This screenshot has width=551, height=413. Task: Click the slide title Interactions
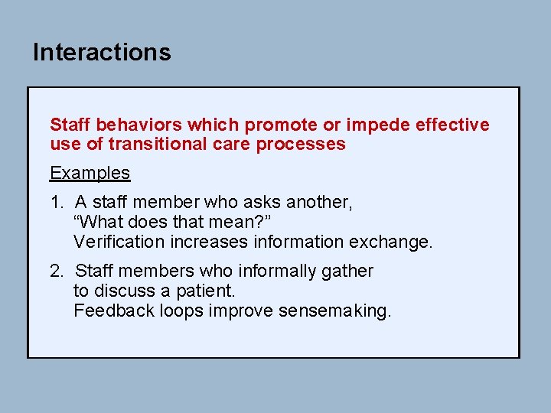coord(102,52)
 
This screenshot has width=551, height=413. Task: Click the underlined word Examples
coord(90,173)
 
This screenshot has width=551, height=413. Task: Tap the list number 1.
coord(57,203)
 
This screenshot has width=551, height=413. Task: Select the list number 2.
coord(57,271)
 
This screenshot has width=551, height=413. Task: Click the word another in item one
coord(318,203)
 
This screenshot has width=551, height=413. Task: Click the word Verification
coord(119,242)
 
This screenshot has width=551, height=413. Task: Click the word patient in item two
coord(208,291)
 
